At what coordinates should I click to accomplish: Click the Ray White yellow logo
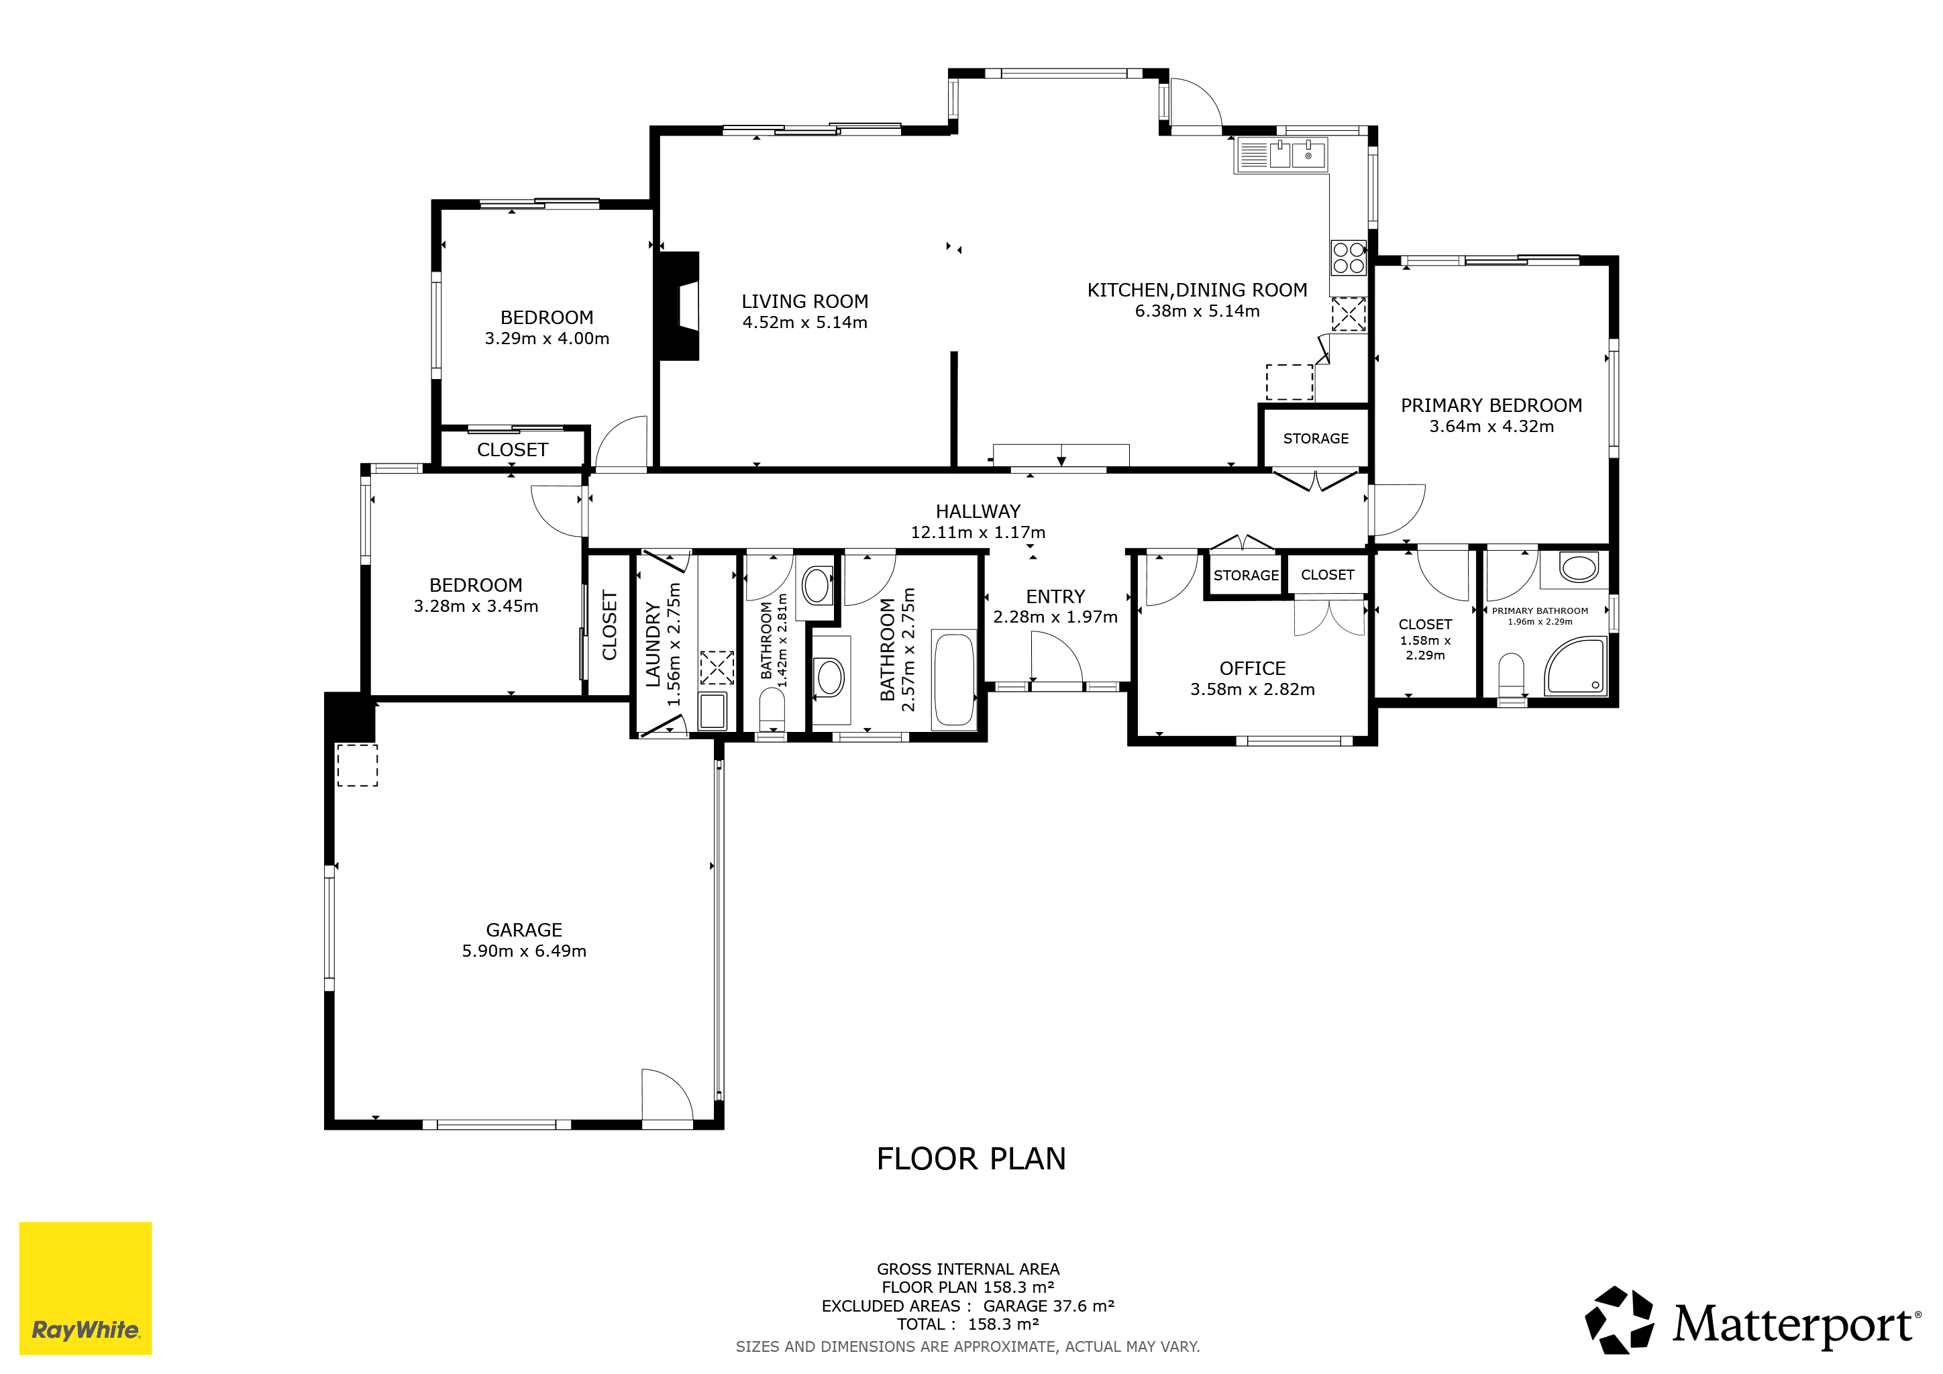pyautogui.click(x=85, y=1287)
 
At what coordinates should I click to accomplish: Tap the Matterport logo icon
pyautogui.click(x=1620, y=1320)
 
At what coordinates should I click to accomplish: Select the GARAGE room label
pyautogui.click(x=524, y=930)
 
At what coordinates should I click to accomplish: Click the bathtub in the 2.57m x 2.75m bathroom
pyautogui.click(x=955, y=678)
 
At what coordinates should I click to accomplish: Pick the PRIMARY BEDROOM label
pyautogui.click(x=1491, y=405)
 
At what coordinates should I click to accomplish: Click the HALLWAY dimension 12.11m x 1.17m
pyautogui.click(x=978, y=532)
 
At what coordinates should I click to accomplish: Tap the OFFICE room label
pyautogui.click(x=1253, y=668)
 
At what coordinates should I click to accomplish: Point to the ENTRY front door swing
pyautogui.click(x=1056, y=661)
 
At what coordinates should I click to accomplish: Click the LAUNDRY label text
pyautogui.click(x=652, y=644)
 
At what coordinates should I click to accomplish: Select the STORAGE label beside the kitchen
pyautogui.click(x=1316, y=438)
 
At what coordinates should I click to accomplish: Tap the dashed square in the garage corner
pyautogui.click(x=357, y=765)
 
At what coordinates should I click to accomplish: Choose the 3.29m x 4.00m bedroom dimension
pyautogui.click(x=547, y=338)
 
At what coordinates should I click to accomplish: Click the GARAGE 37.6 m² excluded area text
pyautogui.click(x=1049, y=1306)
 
